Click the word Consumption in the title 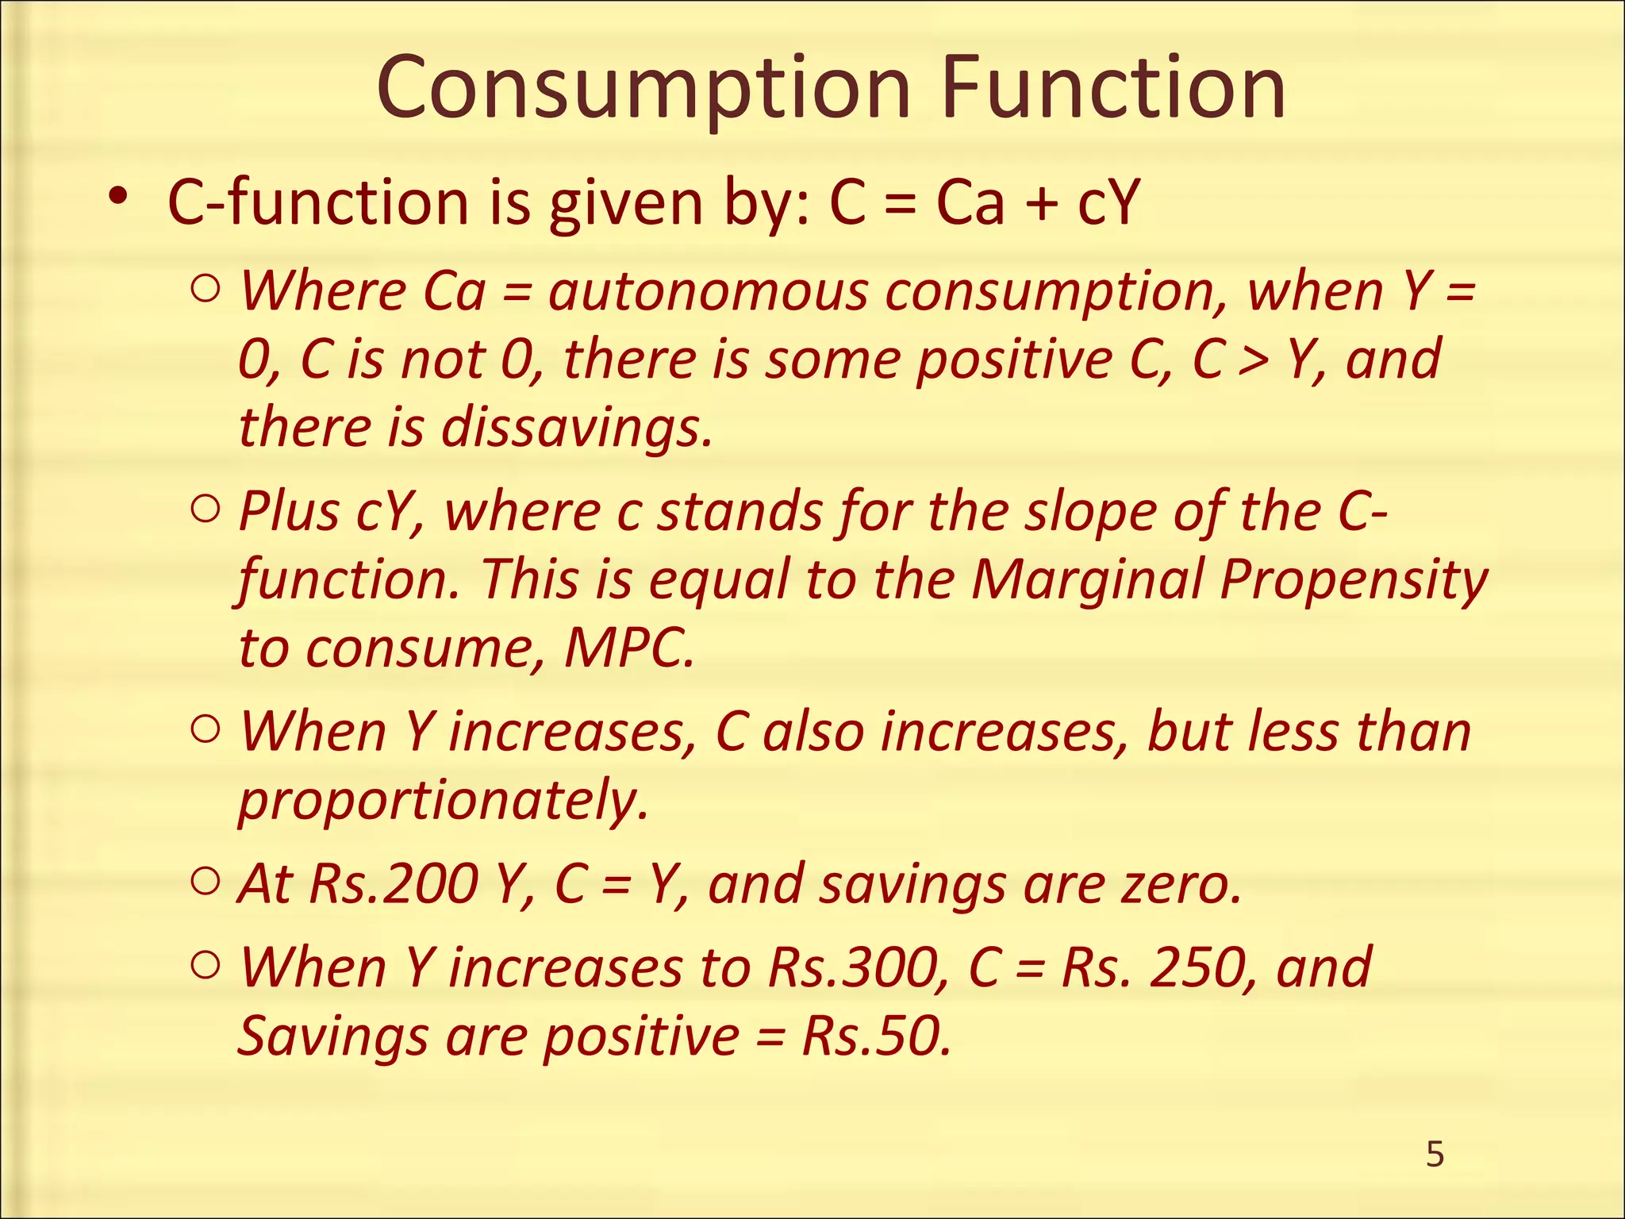pos(643,89)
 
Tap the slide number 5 pos(1435,1155)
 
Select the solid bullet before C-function pos(118,195)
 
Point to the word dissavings pos(576,427)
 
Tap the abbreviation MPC pos(628,648)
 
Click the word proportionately pos(443,800)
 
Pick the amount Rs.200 pos(394,883)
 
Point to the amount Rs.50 pos(876,1036)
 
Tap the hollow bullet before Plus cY pos(206,510)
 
